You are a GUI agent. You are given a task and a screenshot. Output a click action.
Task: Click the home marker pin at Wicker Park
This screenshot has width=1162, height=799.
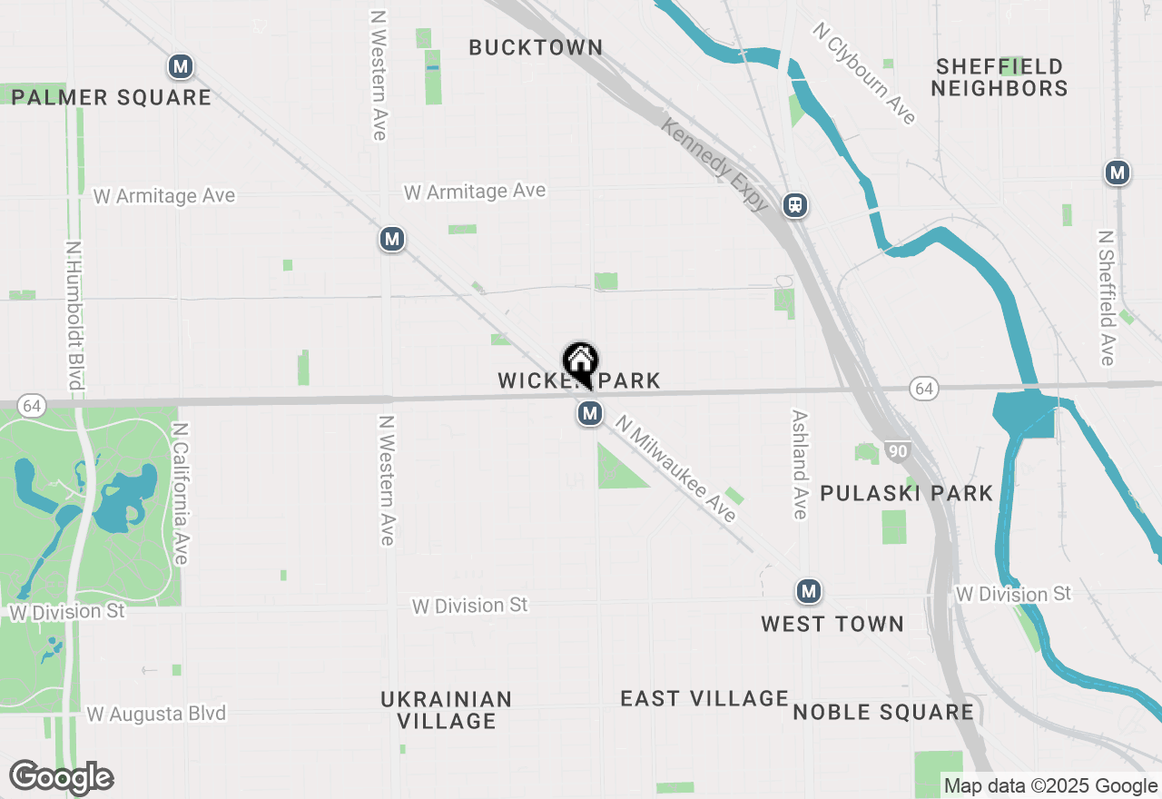tap(580, 363)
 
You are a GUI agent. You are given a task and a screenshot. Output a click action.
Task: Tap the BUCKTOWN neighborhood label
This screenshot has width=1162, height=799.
tap(536, 47)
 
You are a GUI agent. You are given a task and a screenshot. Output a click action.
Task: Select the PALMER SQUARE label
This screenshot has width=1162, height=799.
tap(112, 97)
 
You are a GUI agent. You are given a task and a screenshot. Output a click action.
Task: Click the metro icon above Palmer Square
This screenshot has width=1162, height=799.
tap(181, 66)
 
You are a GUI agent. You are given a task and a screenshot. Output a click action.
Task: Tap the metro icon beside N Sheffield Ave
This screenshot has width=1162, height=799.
tap(1118, 173)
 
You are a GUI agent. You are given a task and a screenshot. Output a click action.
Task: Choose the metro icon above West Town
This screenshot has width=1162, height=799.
tap(808, 592)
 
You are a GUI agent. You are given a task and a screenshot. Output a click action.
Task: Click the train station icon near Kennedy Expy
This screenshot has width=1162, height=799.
tap(795, 205)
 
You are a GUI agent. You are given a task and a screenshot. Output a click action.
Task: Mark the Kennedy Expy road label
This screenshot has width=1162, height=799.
tap(715, 164)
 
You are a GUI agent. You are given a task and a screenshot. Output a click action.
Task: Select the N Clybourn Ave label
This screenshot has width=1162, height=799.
tap(865, 74)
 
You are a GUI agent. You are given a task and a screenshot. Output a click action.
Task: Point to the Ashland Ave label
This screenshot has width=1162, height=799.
tap(799, 464)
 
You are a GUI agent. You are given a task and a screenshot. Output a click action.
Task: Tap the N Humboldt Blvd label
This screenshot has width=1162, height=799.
tap(74, 314)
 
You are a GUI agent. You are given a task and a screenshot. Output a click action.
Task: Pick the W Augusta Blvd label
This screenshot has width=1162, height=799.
tap(156, 715)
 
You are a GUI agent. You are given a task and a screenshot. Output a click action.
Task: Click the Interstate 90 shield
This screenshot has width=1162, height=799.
tap(898, 451)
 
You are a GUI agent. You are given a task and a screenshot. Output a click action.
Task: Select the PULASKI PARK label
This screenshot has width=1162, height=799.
tap(906, 493)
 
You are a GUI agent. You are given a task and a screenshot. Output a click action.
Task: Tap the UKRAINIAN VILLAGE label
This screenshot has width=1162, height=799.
tap(446, 710)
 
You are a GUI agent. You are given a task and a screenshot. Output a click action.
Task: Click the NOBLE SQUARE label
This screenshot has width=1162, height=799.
tap(883, 712)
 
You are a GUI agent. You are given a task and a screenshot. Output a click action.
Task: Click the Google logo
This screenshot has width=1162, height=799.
tap(62, 778)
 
